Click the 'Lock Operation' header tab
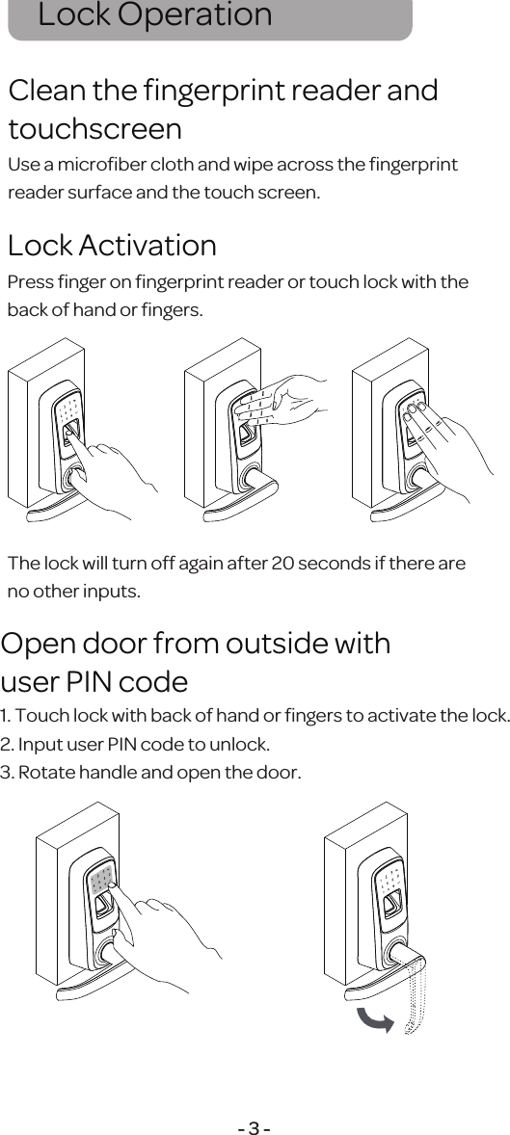pyautogui.click(x=154, y=16)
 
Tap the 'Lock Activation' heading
pyautogui.click(x=112, y=246)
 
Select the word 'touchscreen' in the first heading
pyautogui.click(x=94, y=128)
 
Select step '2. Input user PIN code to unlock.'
pyautogui.click(x=135, y=745)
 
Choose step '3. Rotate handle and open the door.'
pyautogui.click(x=150, y=773)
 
